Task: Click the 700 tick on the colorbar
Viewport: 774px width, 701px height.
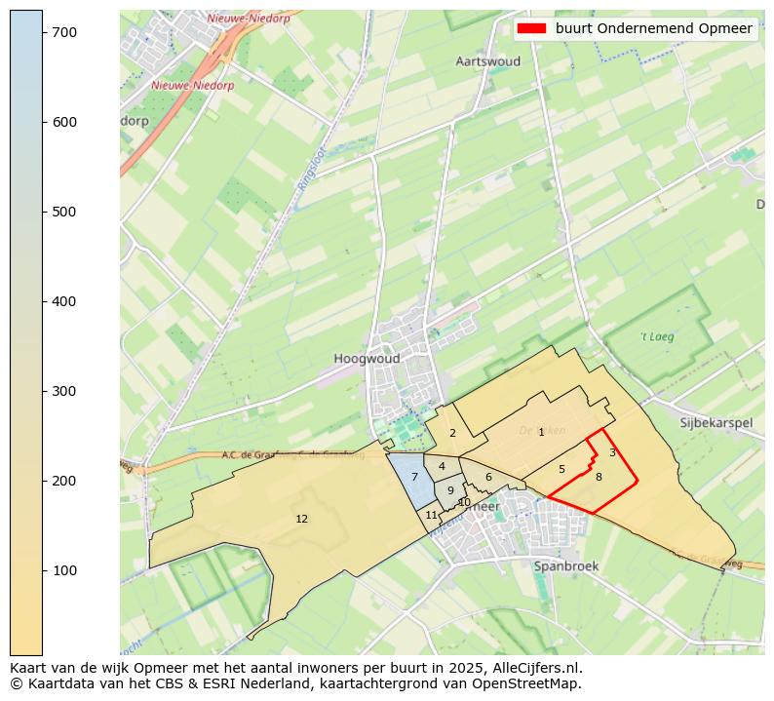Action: (43, 32)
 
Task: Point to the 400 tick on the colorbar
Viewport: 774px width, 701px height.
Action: (43, 301)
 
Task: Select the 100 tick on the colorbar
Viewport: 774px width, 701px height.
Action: (43, 570)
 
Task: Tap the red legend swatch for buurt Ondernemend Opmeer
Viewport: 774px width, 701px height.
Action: (532, 28)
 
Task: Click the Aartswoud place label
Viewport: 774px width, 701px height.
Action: (487, 61)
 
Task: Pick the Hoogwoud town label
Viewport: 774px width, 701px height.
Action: (367, 359)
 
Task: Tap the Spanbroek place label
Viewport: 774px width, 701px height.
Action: (565, 565)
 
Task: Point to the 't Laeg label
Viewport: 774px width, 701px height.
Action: (657, 337)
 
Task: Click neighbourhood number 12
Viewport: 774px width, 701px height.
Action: (301, 519)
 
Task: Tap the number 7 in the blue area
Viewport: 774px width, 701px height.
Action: (414, 477)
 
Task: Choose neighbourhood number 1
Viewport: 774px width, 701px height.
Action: (541, 432)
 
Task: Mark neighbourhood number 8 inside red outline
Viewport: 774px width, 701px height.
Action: (599, 477)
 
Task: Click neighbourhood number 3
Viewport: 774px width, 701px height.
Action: (612, 452)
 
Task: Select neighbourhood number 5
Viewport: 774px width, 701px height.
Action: (561, 469)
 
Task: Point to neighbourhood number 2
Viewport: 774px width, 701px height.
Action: (452, 433)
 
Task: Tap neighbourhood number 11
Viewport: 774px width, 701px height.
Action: (431, 515)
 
